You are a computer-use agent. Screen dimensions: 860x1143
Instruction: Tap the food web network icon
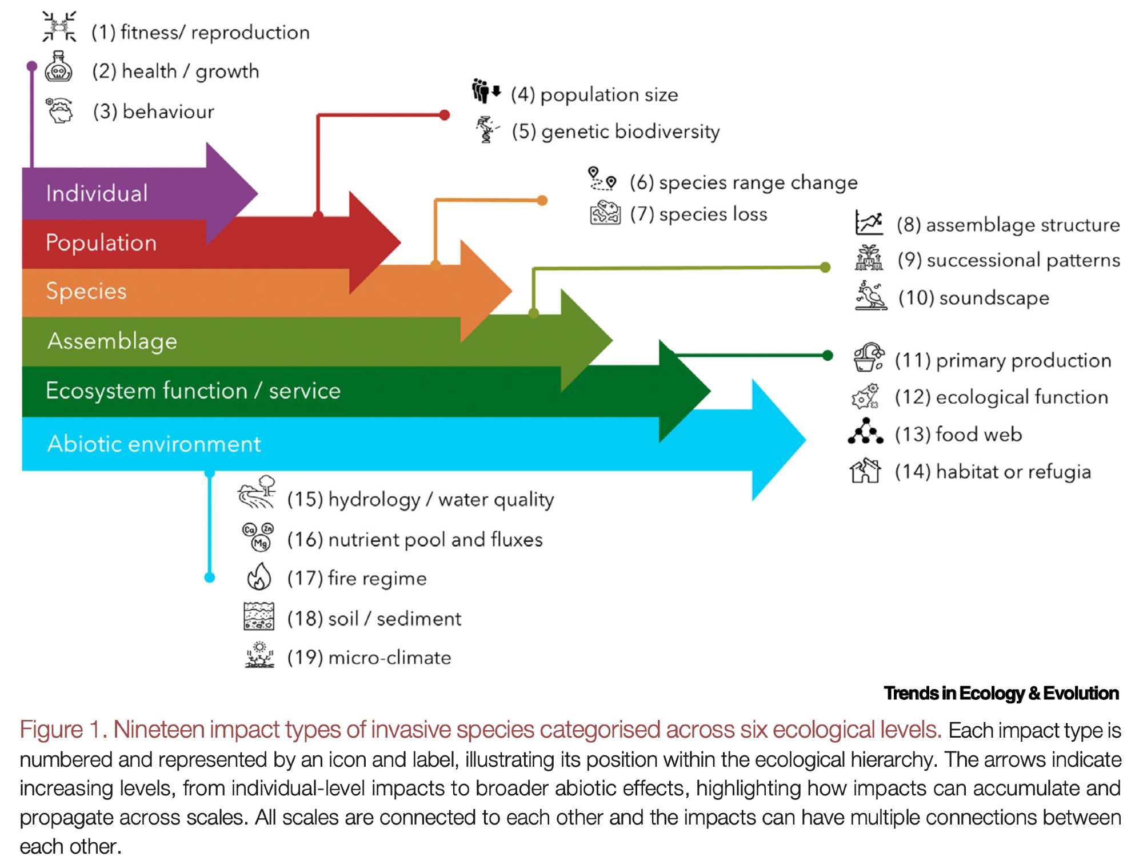[x=865, y=432]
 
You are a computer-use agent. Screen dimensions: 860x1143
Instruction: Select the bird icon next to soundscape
[x=870, y=296]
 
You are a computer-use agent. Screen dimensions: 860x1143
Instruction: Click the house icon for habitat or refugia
[x=865, y=471]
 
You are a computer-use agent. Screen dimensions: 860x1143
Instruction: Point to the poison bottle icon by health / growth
[x=58, y=67]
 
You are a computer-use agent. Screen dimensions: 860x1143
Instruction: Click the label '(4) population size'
[x=594, y=95]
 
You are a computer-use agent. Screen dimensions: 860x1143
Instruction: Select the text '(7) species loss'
[x=698, y=214]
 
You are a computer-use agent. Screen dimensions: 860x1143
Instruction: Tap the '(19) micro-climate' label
[x=369, y=658]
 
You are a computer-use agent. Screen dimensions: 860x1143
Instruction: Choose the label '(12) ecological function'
[x=1001, y=397]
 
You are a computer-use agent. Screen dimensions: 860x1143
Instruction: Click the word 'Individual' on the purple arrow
[x=97, y=193]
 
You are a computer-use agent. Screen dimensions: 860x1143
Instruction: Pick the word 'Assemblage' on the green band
[x=112, y=341]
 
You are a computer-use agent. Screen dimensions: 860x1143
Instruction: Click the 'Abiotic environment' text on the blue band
[x=154, y=444]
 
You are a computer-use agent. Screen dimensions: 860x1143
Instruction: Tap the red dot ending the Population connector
[x=445, y=115]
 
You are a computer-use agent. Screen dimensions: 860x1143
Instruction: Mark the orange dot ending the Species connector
[x=542, y=200]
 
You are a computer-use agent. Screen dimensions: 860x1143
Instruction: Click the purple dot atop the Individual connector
[x=32, y=66]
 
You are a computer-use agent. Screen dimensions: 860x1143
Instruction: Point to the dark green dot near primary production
[x=827, y=355]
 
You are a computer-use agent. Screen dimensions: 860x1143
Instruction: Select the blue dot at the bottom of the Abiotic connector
[x=210, y=578]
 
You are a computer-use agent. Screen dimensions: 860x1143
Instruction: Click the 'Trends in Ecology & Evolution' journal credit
[x=1001, y=693]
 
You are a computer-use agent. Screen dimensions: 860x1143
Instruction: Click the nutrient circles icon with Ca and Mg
[x=258, y=536]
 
